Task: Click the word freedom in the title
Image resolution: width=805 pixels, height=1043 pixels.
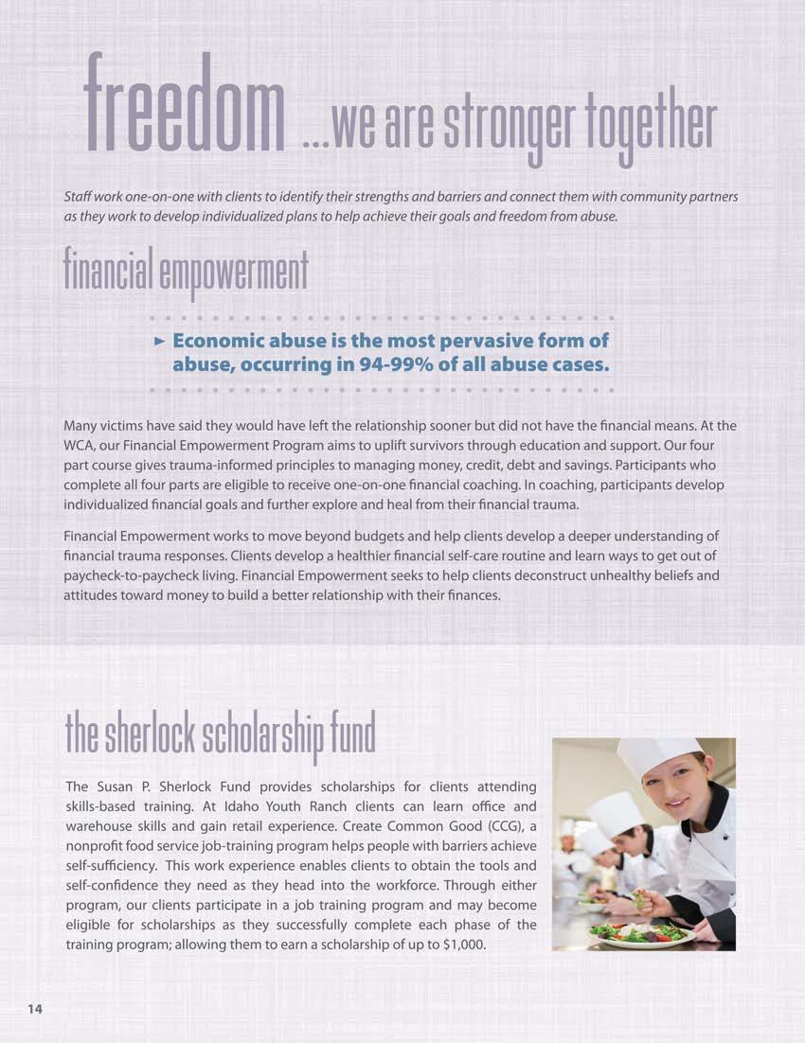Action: (185, 105)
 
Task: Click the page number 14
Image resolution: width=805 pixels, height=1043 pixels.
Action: (34, 1009)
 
